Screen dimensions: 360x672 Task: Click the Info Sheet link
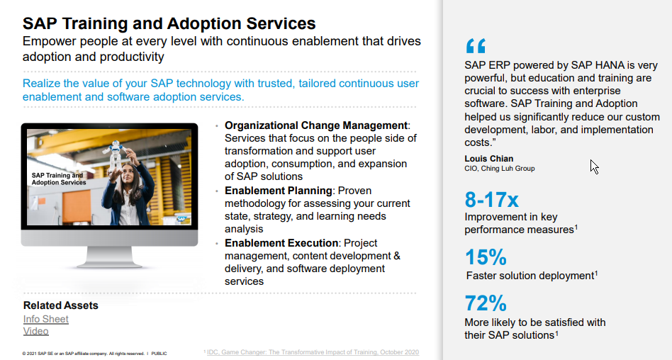click(46, 319)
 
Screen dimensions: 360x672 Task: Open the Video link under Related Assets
click(36, 331)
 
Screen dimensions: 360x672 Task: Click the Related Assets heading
click(61, 305)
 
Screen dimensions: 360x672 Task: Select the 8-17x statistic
click(492, 199)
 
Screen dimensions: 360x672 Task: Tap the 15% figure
click(486, 257)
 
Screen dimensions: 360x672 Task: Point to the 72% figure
click(486, 303)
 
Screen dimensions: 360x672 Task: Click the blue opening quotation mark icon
click(476, 47)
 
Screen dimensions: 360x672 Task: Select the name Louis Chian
click(489, 158)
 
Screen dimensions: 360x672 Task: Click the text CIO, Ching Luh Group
click(500, 169)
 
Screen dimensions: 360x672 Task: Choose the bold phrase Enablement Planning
click(279, 191)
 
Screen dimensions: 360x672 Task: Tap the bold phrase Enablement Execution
click(281, 243)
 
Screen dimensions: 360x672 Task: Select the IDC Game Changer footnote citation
click(313, 351)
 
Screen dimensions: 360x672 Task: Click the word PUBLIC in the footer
click(159, 353)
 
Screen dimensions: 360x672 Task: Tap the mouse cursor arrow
click(594, 167)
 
